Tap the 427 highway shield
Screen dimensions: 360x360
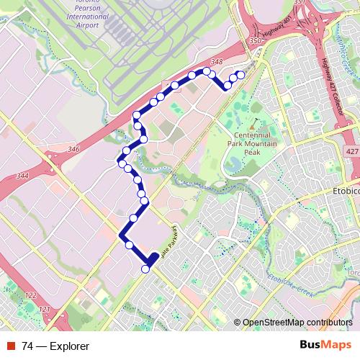pos(350,153)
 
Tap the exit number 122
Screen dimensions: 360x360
pos(30,295)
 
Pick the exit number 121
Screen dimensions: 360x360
pos(45,309)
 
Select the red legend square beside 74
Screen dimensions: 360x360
pos(12,346)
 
